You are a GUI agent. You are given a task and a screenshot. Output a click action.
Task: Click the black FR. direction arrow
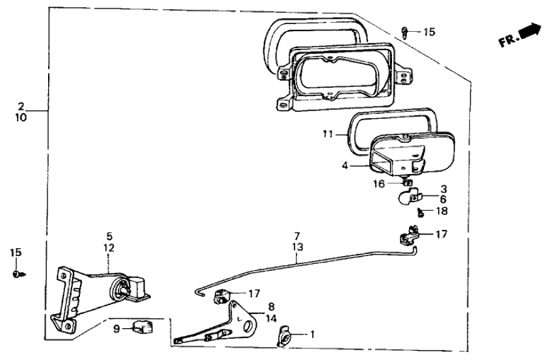tap(531, 30)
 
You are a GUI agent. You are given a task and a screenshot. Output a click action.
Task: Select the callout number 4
tap(345, 166)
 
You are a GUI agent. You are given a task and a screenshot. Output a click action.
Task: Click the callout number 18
tap(442, 211)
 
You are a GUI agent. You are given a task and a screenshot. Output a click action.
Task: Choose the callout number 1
tap(312, 335)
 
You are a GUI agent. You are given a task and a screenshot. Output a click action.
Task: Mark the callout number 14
tap(270, 318)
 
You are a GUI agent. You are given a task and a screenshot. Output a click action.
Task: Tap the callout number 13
tap(297, 247)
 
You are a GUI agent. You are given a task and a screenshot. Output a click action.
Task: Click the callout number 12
tap(109, 248)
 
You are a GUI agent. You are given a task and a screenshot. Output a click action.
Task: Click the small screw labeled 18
tap(421, 212)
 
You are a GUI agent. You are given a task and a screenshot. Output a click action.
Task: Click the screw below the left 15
tap(16, 274)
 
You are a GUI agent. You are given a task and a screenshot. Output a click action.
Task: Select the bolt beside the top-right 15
tap(406, 31)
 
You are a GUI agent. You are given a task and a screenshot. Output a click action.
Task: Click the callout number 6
tap(443, 199)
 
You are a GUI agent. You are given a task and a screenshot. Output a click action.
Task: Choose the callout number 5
tap(109, 237)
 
